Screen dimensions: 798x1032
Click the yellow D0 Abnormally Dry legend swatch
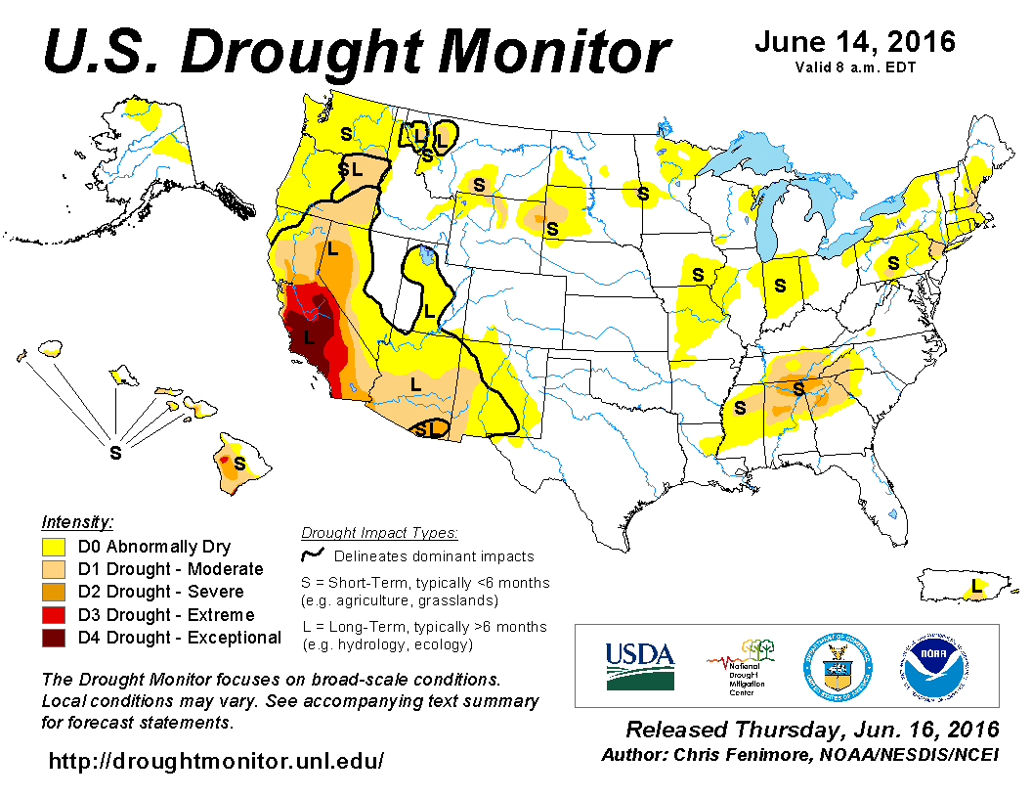pyautogui.click(x=54, y=547)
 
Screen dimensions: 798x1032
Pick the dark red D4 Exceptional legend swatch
pyautogui.click(x=54, y=638)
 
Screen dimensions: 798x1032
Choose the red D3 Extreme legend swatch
pyautogui.click(x=54, y=615)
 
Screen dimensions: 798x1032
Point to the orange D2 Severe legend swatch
pyautogui.click(x=54, y=592)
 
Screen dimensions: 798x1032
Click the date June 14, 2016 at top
pyautogui.click(x=855, y=43)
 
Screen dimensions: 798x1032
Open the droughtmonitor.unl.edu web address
pyautogui.click(x=216, y=760)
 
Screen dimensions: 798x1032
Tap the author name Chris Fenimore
pyautogui.click(x=745, y=755)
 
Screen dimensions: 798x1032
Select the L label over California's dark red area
pyautogui.click(x=309, y=337)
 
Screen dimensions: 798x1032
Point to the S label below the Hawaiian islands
pyautogui.click(x=115, y=453)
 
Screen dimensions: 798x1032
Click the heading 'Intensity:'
pyautogui.click(x=78, y=521)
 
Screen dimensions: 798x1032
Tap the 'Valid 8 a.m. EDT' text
pyautogui.click(x=855, y=66)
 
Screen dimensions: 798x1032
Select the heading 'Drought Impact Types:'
pyautogui.click(x=379, y=533)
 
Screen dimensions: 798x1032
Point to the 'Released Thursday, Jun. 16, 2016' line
pyautogui.click(x=812, y=730)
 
